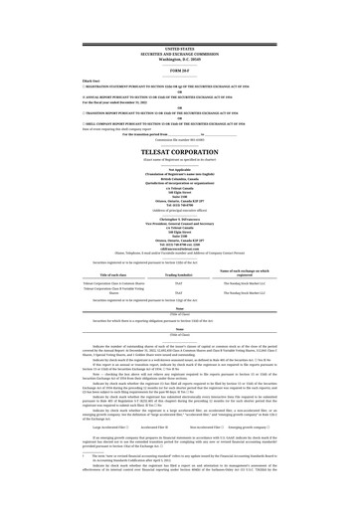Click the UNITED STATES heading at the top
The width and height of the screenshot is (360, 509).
click(x=180, y=48)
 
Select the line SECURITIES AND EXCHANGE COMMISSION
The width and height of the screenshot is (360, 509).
click(x=180, y=54)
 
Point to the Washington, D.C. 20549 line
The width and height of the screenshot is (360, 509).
click(x=180, y=60)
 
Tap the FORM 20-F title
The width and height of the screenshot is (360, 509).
click(x=180, y=70)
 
